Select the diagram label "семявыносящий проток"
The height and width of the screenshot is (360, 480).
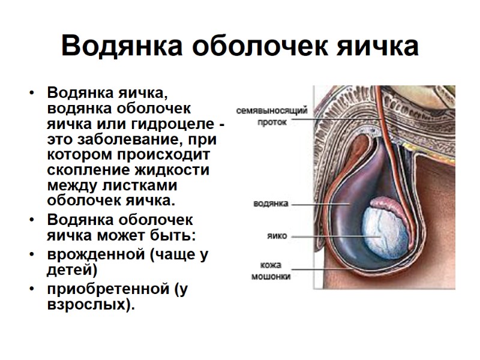pos(271,115)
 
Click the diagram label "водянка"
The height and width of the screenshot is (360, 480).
pos(273,203)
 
